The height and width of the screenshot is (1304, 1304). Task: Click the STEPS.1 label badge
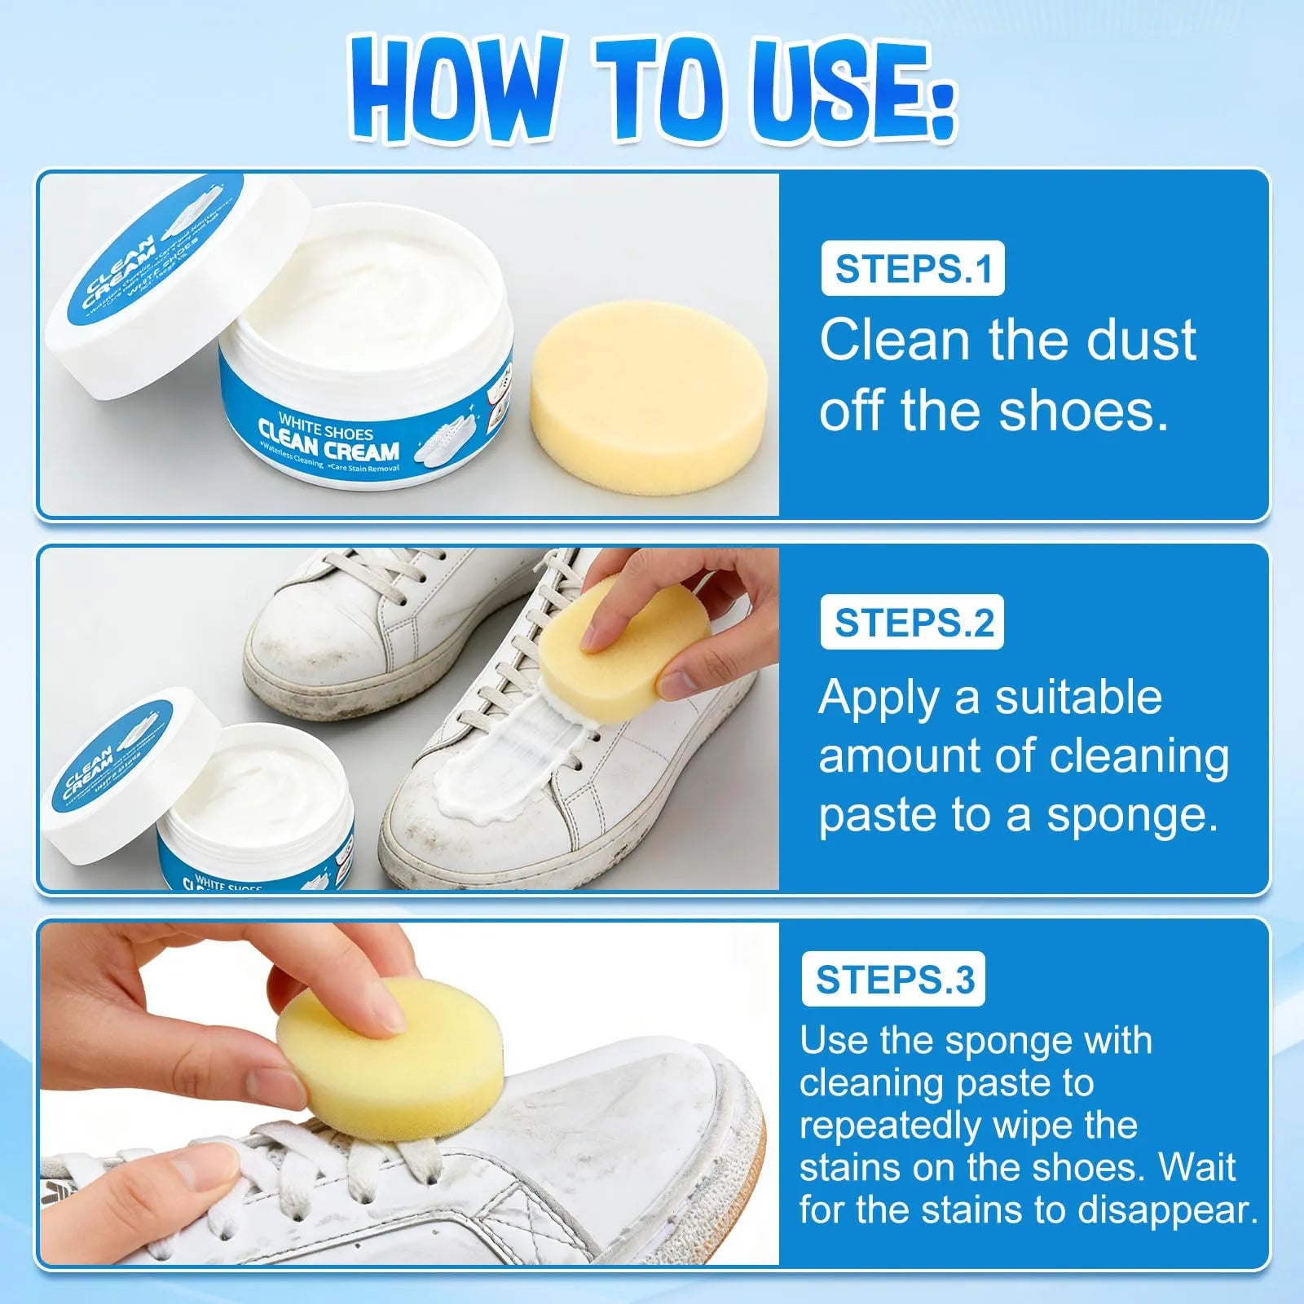pyautogui.click(x=912, y=269)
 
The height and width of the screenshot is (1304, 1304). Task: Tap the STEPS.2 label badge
pyautogui.click(x=912, y=623)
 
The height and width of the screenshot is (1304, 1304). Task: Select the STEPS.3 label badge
pyautogui.click(x=893, y=980)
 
